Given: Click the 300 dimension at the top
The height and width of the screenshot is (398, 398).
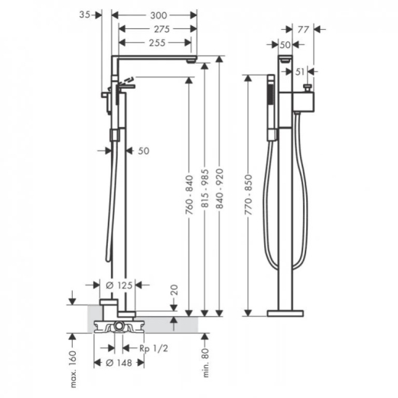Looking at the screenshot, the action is [158, 15].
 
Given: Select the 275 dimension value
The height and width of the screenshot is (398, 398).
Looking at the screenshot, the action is [161, 29].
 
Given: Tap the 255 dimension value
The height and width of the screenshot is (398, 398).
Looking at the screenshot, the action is [157, 43].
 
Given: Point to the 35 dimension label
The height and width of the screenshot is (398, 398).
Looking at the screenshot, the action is [85, 15].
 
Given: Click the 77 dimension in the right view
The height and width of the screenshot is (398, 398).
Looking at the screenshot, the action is [303, 30].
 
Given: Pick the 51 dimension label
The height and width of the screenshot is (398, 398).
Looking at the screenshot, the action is [300, 72].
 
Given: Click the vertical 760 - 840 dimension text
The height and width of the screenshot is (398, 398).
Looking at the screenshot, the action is [190, 195].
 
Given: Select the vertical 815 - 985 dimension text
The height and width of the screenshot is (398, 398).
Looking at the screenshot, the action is [205, 189].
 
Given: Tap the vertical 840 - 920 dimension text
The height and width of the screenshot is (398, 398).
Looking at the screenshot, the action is [220, 189].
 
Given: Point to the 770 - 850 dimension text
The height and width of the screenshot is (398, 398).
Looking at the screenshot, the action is [248, 195].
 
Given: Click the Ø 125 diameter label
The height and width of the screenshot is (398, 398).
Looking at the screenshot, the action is [119, 285].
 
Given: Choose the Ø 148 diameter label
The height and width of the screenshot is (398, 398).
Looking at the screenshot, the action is [119, 363].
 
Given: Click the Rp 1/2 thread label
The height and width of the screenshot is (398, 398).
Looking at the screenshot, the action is [154, 348].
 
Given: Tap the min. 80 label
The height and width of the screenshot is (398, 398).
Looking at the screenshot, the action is [206, 363].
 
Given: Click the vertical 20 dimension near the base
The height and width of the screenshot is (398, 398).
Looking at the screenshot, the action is [175, 290].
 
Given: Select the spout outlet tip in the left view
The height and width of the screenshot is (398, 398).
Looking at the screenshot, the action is [191, 61].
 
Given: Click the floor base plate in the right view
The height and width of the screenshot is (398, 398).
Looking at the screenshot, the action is [285, 313].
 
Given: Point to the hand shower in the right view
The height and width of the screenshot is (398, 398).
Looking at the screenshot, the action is [271, 107].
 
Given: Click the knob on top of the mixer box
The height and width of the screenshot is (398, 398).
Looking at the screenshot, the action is [308, 88].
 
